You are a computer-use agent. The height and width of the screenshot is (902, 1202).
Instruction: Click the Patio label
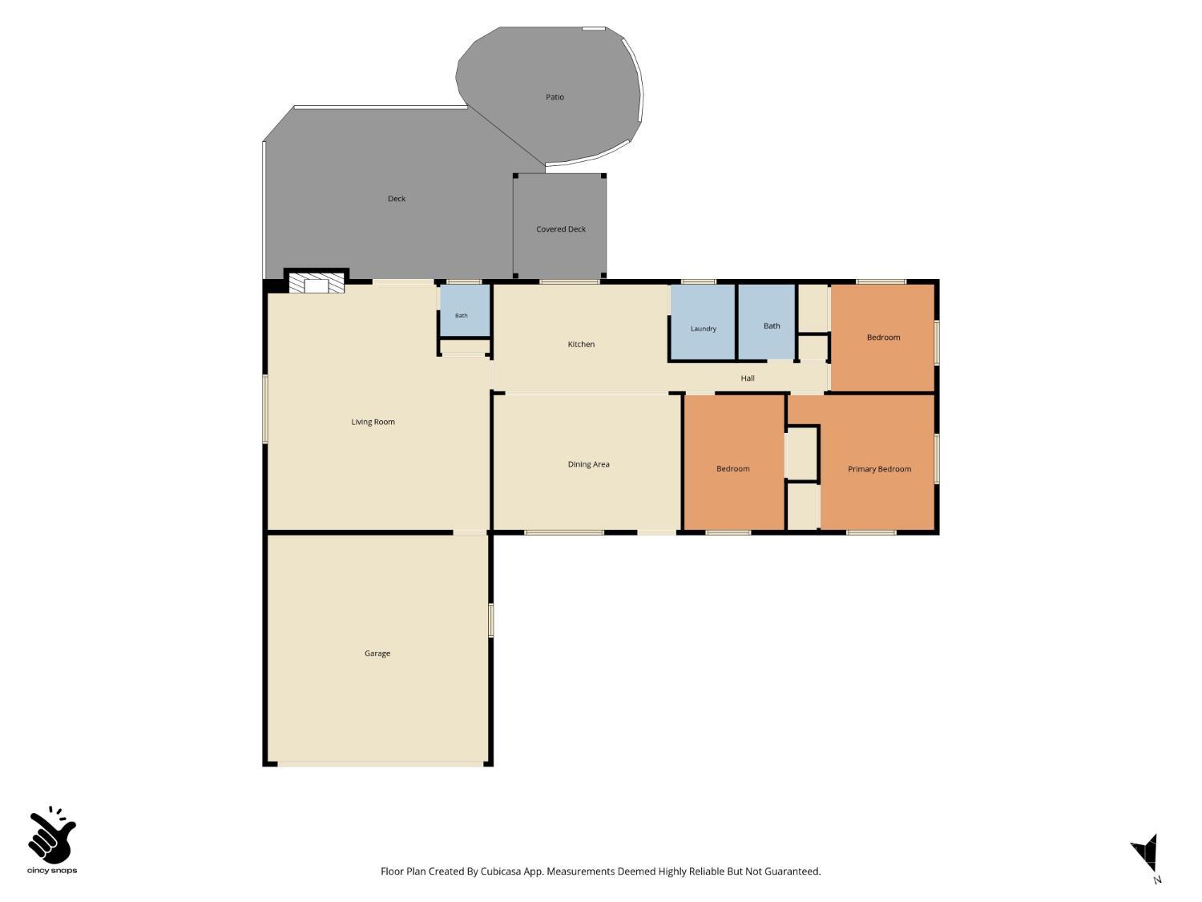[x=555, y=97]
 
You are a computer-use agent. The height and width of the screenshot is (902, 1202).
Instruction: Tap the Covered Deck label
[x=560, y=229]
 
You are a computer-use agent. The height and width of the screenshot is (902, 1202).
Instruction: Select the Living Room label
[x=373, y=422]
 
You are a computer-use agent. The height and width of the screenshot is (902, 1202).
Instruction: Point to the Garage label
[x=377, y=653]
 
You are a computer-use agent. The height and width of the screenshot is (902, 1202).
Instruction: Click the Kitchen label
[x=580, y=344]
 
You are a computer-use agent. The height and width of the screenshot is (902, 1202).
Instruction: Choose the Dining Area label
[x=588, y=464]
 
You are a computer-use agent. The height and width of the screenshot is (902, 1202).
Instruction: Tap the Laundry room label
[x=703, y=329]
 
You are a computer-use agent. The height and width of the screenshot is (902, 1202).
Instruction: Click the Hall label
[x=747, y=378]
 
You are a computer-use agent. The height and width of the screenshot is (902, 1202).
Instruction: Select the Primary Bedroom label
[x=879, y=469]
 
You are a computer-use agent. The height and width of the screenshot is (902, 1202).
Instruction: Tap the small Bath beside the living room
[x=461, y=315]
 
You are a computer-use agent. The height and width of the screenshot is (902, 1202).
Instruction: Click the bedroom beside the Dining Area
[x=732, y=469]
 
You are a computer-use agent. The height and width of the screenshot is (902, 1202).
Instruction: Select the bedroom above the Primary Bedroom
[x=883, y=338]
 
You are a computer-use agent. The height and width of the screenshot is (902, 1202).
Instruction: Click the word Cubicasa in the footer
[x=501, y=871]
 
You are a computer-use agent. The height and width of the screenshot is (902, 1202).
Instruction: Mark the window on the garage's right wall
[x=490, y=620]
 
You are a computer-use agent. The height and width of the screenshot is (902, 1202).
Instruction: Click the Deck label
[x=396, y=198]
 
